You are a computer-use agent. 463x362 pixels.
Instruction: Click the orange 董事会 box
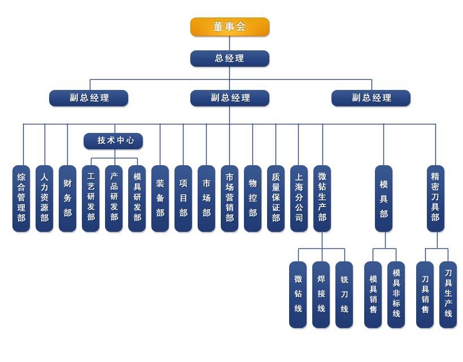pyautogui.click(x=229, y=27)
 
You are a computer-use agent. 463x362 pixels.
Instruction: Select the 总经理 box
pyautogui.click(x=229, y=58)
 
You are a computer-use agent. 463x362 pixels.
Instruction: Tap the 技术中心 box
pyautogui.click(x=113, y=140)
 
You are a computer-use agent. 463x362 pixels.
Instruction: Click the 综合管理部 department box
pyautogui.click(x=21, y=198)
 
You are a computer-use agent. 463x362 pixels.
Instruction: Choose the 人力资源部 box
pyautogui.click(x=45, y=198)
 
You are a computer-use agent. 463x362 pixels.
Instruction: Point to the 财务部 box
pyautogui.click(x=68, y=198)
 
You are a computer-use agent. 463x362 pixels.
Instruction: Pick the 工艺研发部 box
pyautogui.click(x=91, y=198)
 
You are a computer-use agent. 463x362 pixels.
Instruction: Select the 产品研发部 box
pyautogui.click(x=114, y=198)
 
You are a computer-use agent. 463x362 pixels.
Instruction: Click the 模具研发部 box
pyautogui.click(x=137, y=198)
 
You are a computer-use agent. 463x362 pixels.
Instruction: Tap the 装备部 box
pyautogui.click(x=160, y=198)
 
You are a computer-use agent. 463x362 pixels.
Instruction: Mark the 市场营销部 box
pyautogui.click(x=230, y=198)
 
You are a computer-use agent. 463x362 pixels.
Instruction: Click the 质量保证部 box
pyautogui.click(x=276, y=198)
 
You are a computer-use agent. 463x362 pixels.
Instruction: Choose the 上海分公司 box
pyautogui.click(x=299, y=198)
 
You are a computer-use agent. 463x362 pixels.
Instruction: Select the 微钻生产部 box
pyautogui.click(x=322, y=198)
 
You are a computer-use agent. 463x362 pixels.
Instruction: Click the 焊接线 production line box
pyautogui.click(x=321, y=294)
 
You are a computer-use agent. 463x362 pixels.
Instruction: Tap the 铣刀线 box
pyautogui.click(x=344, y=294)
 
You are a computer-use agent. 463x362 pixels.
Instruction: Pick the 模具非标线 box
pyautogui.click(x=396, y=294)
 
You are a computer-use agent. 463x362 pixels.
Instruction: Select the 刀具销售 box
pyautogui.click(x=425, y=294)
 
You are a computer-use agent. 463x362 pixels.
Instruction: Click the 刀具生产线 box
pyautogui.click(x=448, y=294)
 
